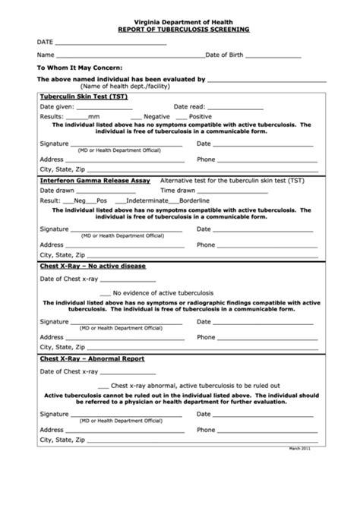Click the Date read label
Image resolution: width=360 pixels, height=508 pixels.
pyautogui.click(x=189, y=107)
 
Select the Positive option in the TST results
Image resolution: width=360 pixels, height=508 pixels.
pyautogui.click(x=200, y=117)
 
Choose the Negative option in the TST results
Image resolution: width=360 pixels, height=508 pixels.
pyautogui.click(x=154, y=117)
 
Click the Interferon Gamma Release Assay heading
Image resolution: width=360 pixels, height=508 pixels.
pyautogui.click(x=94, y=181)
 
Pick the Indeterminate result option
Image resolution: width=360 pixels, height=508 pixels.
pyautogui.click(x=149, y=200)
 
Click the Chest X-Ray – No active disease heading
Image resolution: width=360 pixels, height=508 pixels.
pyautogui.click(x=92, y=267)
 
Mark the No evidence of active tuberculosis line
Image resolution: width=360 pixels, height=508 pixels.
pyautogui.click(x=163, y=292)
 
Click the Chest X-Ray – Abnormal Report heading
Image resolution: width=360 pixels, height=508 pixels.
pyautogui.click(x=91, y=358)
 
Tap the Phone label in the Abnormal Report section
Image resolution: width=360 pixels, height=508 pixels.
pyautogui.click(x=206, y=429)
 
